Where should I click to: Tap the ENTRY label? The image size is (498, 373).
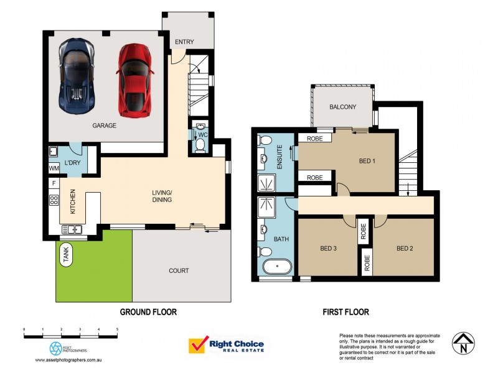184,42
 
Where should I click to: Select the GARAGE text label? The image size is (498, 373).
105,125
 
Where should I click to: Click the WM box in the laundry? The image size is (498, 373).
54,167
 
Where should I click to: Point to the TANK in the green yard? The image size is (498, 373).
65,254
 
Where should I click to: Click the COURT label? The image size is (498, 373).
179,270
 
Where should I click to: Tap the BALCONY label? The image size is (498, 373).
342,107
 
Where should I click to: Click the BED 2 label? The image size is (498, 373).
405,249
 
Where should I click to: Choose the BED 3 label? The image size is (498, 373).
329,249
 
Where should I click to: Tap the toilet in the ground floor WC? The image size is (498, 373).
200,144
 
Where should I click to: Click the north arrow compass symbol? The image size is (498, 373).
464,344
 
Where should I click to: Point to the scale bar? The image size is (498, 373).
70,334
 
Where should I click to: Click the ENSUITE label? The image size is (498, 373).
280,156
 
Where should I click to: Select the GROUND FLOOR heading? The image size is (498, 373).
148,312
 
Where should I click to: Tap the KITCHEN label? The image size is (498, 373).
73,202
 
